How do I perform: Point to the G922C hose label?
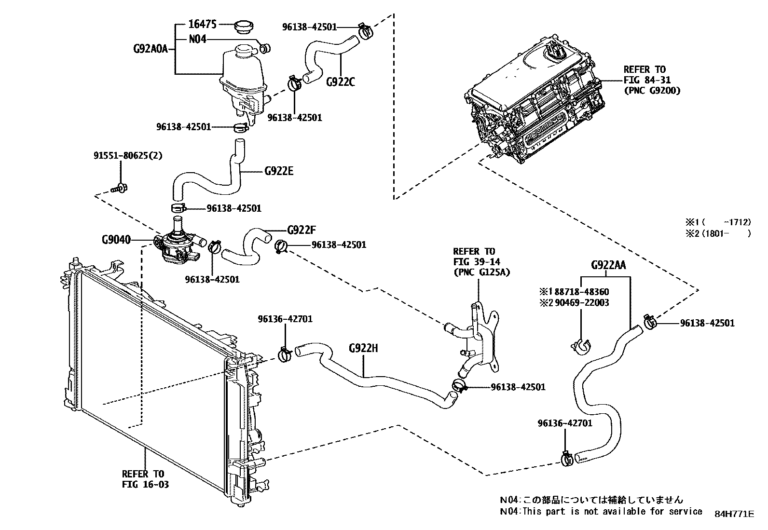[340, 82]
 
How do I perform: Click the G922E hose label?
[279, 171]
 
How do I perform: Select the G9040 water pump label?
[116, 240]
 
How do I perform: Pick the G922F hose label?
[302, 230]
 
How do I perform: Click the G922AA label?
[608, 265]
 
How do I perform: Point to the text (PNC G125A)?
[481, 272]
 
